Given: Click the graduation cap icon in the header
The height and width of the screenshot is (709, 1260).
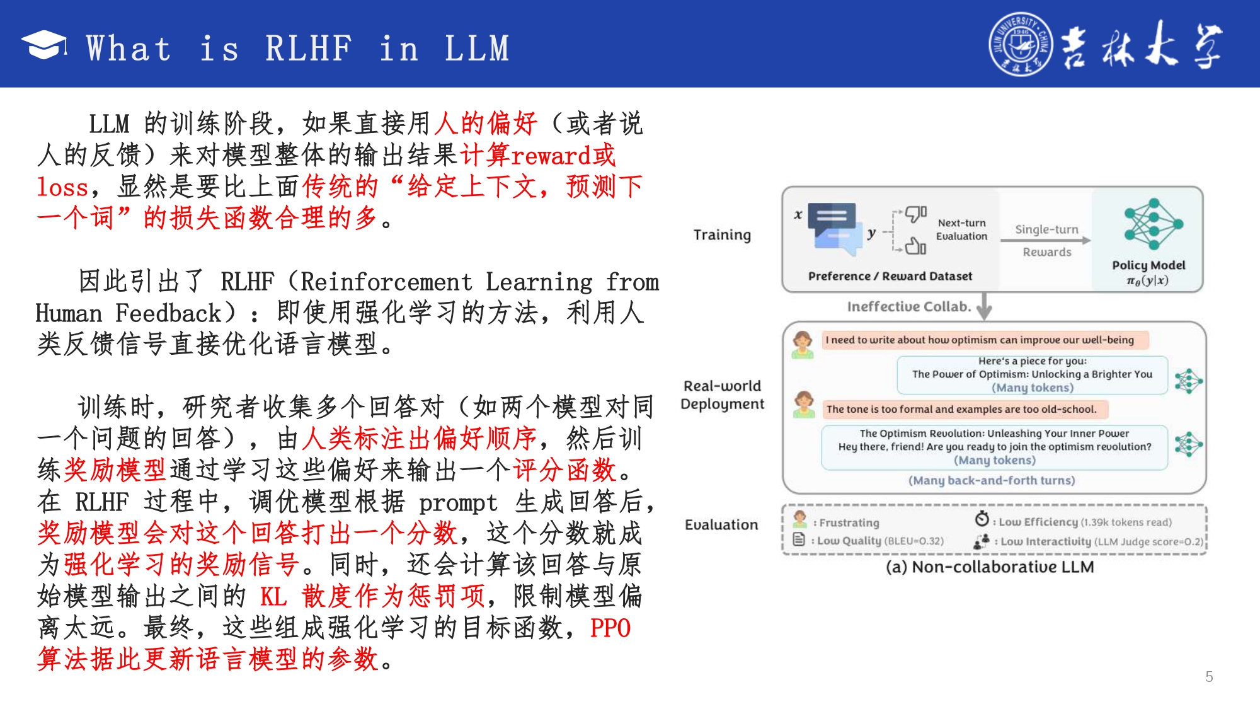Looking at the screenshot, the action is [44, 45].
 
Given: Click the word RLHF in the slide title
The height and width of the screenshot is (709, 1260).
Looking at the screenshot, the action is [309, 49].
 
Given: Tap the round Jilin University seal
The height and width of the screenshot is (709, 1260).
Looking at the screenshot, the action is [1020, 44].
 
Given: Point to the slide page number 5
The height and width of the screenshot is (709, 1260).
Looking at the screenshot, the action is [1209, 676].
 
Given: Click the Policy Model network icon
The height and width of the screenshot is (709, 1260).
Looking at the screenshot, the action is [1154, 224].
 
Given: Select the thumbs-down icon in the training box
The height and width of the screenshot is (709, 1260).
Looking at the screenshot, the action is [916, 214].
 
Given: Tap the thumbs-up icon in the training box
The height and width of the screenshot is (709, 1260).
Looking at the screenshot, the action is [915, 246].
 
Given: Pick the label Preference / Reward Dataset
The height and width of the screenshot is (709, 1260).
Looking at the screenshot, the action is [890, 276].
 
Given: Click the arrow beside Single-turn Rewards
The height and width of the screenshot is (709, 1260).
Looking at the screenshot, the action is [1046, 240].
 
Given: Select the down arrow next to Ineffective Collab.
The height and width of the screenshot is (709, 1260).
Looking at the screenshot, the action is [984, 306].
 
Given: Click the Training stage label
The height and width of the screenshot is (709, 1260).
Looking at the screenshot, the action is [722, 235].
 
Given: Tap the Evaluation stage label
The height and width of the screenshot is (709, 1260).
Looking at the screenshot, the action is [721, 524].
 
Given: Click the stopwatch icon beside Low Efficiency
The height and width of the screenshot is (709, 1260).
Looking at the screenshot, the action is [982, 519].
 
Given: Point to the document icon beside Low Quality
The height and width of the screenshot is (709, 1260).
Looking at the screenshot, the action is [799, 539].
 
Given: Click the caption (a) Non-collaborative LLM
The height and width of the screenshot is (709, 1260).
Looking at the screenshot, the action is [990, 567].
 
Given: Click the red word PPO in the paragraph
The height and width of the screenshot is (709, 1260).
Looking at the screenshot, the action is [610, 628].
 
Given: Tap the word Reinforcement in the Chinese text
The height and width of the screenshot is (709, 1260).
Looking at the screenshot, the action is [386, 282].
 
